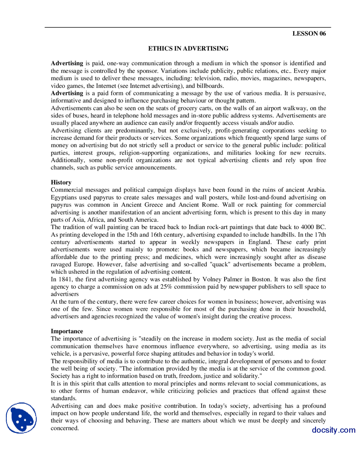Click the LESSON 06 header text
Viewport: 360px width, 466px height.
(x=309, y=33)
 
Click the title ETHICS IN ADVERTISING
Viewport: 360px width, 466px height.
(x=188, y=48)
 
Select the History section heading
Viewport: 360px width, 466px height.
(x=61, y=182)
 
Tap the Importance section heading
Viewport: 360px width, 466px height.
(x=67, y=331)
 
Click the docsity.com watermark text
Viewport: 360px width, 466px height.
(x=333, y=430)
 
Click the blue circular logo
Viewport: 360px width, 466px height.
(x=21, y=418)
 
